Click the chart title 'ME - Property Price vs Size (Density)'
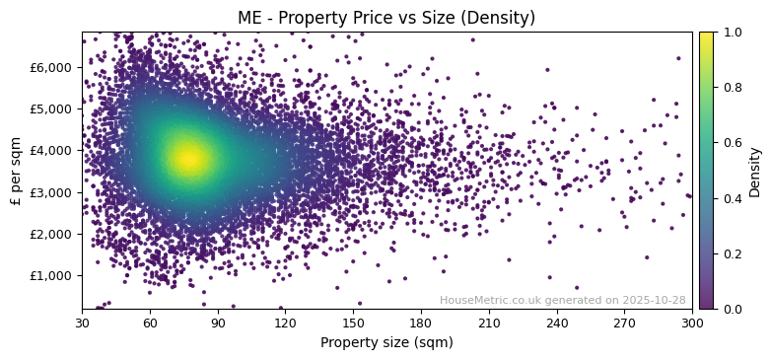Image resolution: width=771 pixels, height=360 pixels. coord(386,18)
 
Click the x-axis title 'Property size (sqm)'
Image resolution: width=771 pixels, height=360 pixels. coord(386,343)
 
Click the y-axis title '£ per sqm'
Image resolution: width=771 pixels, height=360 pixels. coord(17,171)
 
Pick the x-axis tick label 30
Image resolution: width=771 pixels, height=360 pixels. coord(82,323)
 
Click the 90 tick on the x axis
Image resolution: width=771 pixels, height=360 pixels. coord(218,323)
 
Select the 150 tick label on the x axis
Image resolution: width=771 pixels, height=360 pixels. coord(353,323)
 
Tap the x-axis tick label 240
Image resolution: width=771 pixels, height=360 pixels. coord(557,323)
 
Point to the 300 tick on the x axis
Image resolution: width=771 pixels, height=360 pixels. coord(692,323)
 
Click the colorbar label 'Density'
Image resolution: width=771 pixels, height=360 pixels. coord(755,171)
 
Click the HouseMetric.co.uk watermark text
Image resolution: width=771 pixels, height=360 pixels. coord(562,300)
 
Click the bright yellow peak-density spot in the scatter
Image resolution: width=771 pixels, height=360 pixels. coord(188,157)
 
